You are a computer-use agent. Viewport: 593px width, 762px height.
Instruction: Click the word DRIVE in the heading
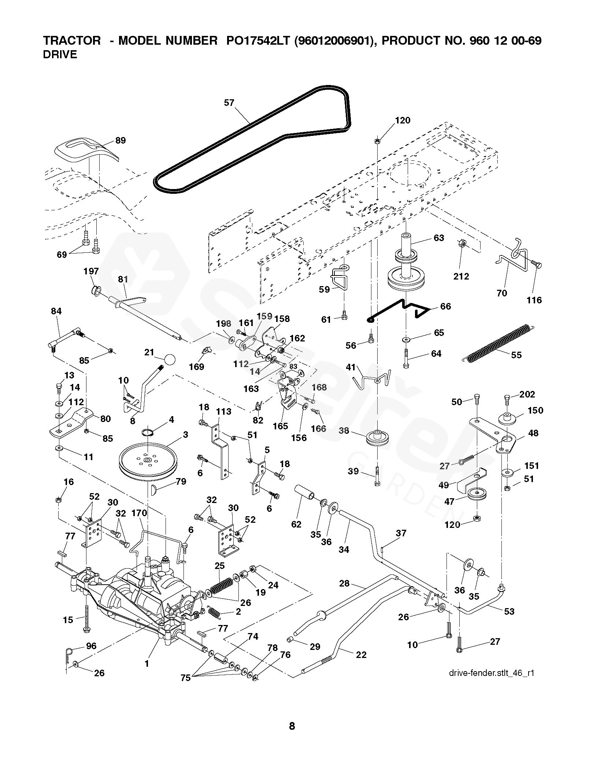(60, 55)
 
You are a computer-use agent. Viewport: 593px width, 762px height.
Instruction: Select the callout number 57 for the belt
(229, 103)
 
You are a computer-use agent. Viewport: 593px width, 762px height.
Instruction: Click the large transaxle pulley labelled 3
(148, 460)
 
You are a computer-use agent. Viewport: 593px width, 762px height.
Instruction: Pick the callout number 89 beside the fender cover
(120, 140)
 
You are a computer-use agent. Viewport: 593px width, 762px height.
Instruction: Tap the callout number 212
(461, 276)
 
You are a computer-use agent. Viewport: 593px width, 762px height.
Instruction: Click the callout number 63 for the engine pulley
(438, 238)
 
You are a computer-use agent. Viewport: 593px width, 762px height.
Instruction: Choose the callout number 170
(139, 513)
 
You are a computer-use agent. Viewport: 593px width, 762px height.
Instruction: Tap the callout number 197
(91, 271)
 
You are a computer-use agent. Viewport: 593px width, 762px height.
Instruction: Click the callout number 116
(534, 300)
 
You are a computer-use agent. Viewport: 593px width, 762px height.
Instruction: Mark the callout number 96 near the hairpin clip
(91, 646)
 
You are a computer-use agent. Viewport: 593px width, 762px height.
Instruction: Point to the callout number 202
(527, 395)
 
